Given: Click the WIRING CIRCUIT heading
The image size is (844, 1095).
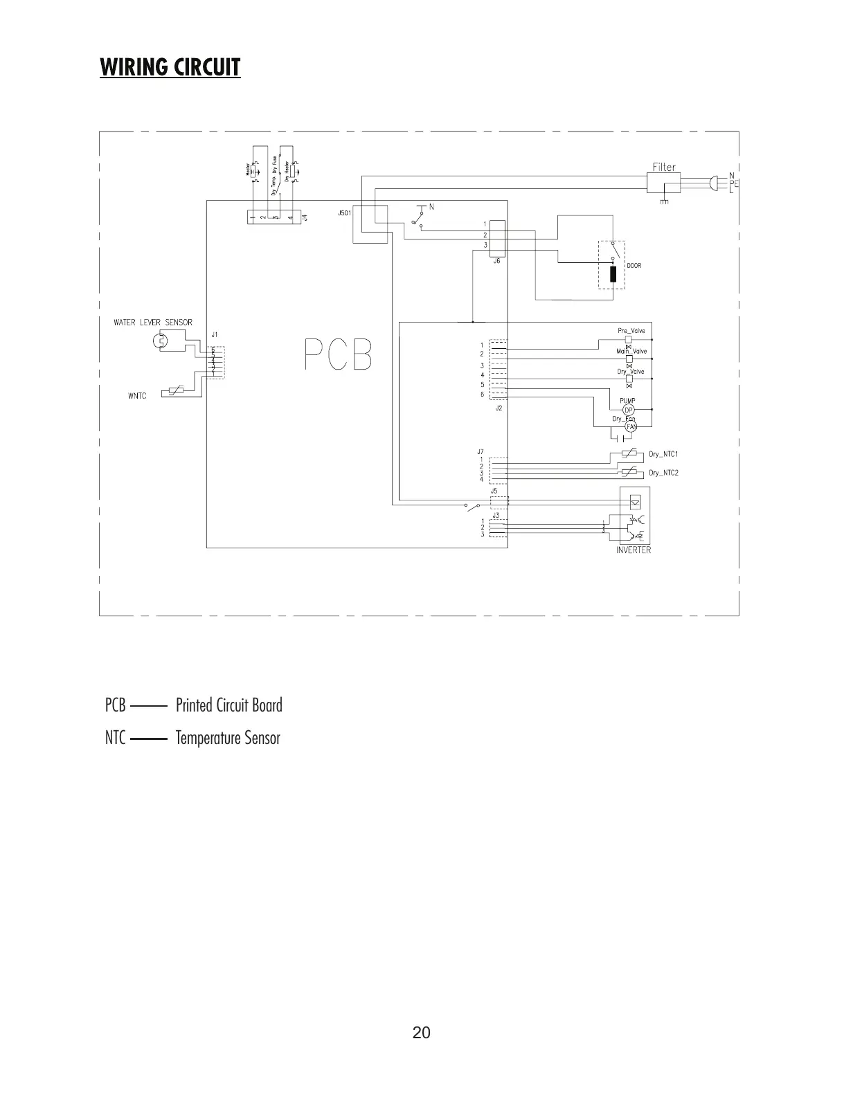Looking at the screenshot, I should [170, 67].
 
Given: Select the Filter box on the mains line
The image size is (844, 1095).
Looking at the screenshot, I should [664, 183].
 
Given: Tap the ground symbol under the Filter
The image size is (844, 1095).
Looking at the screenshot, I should [664, 201].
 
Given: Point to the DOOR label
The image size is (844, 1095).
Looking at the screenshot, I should [634, 266].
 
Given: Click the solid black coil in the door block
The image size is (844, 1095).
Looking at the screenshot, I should [613, 275].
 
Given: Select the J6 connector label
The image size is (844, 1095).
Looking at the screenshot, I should [497, 262].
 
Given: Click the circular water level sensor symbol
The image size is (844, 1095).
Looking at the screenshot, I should [159, 341].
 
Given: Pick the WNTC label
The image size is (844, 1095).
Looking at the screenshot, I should [137, 396].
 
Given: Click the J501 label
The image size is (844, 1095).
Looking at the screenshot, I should [344, 213].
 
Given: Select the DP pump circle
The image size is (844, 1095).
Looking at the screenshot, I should [629, 410].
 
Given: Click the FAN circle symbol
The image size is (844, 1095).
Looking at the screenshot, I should [631, 427].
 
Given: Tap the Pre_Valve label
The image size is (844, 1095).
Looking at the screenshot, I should [631, 331].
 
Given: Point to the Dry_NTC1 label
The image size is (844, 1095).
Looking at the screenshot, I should [663, 455].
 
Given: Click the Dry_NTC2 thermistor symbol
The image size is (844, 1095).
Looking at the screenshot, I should [628, 472].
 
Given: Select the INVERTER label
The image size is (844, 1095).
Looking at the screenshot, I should [633, 550].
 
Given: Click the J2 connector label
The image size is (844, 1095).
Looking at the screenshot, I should [499, 408].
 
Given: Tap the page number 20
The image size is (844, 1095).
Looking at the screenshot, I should [421, 1033].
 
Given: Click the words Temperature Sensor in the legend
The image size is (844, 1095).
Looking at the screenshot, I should [228, 738].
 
